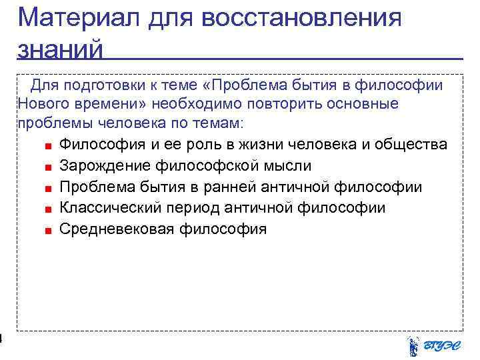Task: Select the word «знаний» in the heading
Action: coord(61,49)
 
